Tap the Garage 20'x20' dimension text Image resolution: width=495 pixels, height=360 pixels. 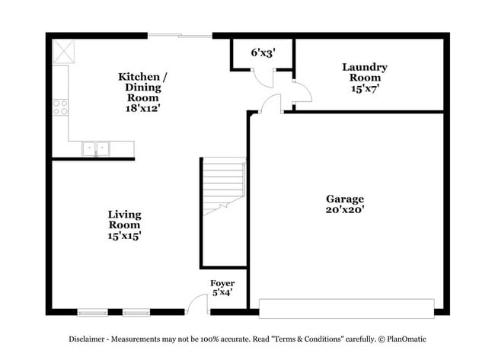[x=345, y=210]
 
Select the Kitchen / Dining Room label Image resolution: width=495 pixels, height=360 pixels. [x=142, y=87]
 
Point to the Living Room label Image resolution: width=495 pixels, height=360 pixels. [x=124, y=220]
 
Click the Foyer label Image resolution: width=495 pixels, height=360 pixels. [x=222, y=283]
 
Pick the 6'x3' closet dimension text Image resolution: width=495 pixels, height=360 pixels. [x=263, y=53]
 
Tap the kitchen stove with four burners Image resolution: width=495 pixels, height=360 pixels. [x=60, y=107]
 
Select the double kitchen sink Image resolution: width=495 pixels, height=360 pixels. [x=96, y=148]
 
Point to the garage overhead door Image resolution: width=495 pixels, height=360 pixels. [x=346, y=308]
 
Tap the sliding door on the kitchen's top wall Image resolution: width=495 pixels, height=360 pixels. [x=180, y=35]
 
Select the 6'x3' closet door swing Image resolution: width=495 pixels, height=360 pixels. [x=263, y=78]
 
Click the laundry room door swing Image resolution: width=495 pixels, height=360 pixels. [x=302, y=91]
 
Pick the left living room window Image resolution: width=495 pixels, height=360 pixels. [x=92, y=311]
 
